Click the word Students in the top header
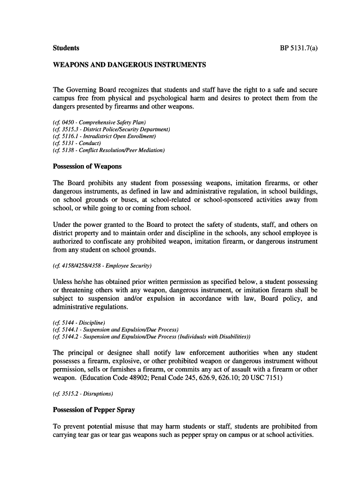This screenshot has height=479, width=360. pos(66,48)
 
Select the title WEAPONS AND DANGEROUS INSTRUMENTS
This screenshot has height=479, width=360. pos(130,65)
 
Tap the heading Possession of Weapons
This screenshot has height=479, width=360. pos(87,167)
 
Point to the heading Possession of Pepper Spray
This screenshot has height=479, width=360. pos(94,410)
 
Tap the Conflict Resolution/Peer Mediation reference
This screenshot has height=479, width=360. pos(109,150)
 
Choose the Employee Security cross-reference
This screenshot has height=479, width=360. pos(102,266)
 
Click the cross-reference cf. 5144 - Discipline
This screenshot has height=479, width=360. pos(79,322)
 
